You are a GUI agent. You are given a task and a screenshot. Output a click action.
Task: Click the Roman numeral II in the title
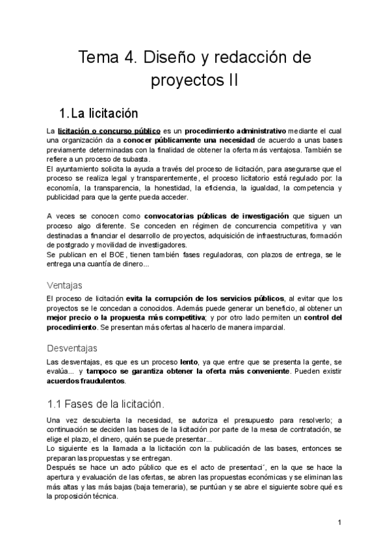[x=231, y=82]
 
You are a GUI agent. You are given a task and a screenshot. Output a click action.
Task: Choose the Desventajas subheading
[x=73, y=348]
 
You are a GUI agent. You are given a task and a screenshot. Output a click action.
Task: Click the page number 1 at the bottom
[x=340, y=522]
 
